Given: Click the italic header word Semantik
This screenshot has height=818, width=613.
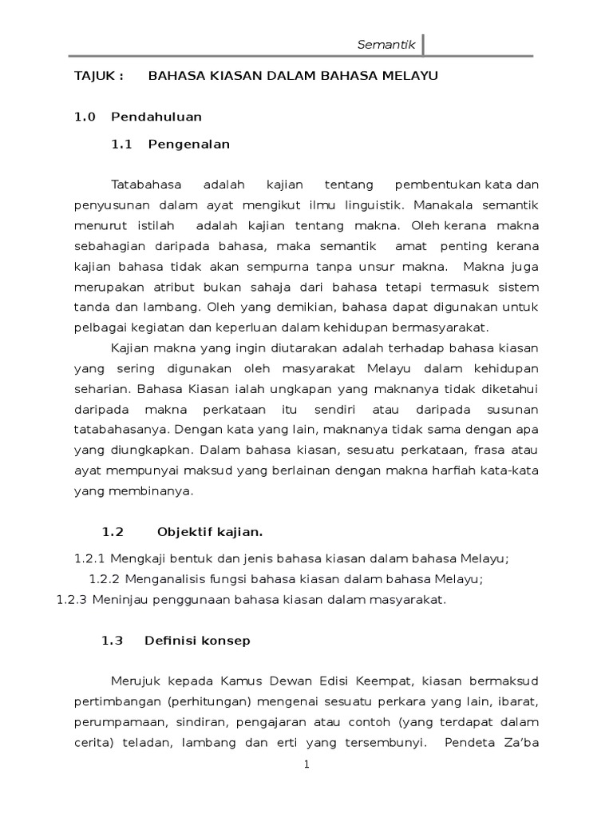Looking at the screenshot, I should pos(386,45).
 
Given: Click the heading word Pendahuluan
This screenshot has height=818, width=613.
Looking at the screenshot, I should pos(156,117).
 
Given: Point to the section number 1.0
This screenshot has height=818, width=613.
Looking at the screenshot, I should pos(85,117).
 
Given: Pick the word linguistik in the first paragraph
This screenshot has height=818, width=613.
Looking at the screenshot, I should pos(383,204).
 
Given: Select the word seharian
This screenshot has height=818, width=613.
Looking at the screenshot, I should pos(101,389).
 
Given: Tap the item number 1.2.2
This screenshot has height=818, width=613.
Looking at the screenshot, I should pos(102,579).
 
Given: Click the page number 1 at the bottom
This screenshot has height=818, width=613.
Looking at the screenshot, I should pos(306,764).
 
